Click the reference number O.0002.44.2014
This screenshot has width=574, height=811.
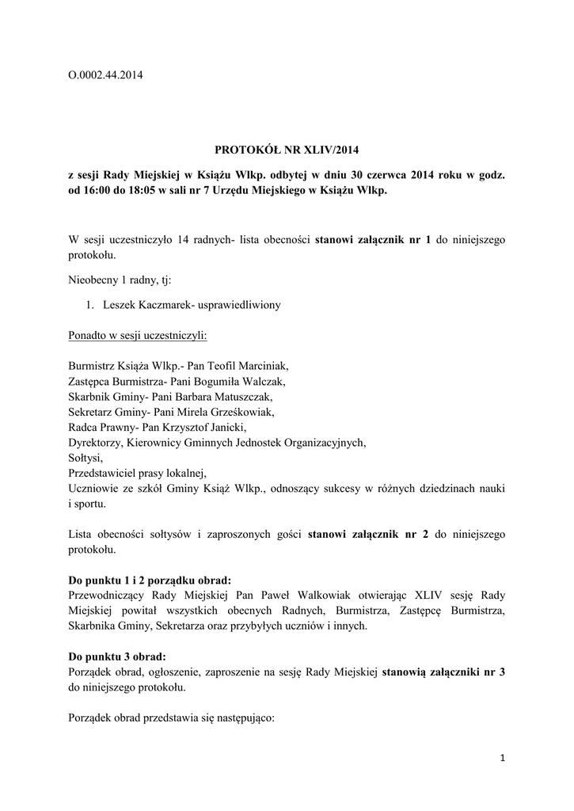[x=106, y=75]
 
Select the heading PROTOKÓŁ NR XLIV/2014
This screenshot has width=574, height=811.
[x=287, y=148]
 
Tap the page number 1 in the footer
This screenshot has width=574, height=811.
[x=502, y=758]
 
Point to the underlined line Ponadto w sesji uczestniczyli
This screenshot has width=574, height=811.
[x=138, y=335]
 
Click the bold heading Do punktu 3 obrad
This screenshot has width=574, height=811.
[x=118, y=656]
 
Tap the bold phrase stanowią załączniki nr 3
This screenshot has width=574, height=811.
[x=443, y=671]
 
